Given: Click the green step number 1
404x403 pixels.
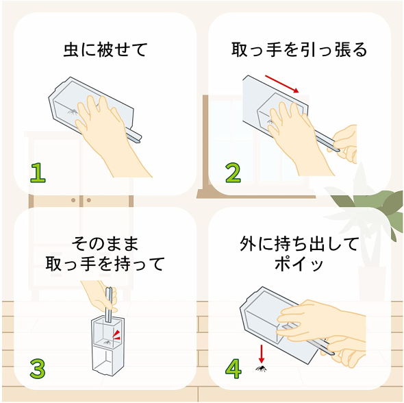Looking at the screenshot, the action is [x=38, y=173].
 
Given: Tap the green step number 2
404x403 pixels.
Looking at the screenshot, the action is [x=233, y=173].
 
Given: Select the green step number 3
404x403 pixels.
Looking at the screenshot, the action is [x=38, y=369].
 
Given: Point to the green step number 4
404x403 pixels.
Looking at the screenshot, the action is [x=233, y=369].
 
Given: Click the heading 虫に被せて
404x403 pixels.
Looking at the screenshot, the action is [x=105, y=49].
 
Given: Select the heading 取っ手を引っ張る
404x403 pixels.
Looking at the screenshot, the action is [x=299, y=49].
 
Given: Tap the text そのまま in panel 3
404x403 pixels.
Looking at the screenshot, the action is [x=105, y=244].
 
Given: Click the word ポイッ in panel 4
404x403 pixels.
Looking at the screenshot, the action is [x=299, y=264].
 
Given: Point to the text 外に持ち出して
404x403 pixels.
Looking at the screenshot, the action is [x=299, y=244].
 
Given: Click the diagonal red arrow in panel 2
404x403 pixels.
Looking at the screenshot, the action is [x=282, y=84].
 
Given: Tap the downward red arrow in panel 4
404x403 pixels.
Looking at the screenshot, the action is [x=262, y=354].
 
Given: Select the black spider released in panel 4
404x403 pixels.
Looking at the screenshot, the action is [x=261, y=369].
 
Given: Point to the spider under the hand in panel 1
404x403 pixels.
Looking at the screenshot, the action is [x=73, y=112].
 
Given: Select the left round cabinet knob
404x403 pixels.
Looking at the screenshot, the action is [x=73, y=200].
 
